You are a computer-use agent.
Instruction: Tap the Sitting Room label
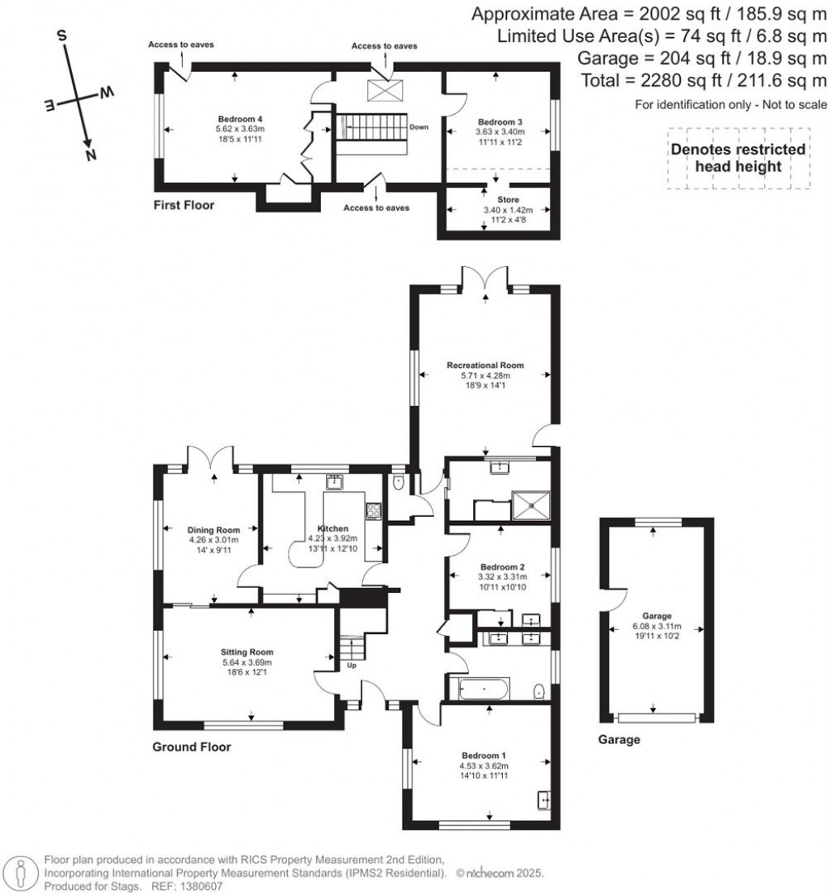pyautogui.click(x=248, y=651)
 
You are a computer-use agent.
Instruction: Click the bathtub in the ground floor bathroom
pyautogui.click(x=484, y=690)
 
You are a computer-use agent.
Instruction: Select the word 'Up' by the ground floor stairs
pyautogui.click(x=352, y=666)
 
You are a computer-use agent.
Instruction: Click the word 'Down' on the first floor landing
pyautogui.click(x=419, y=127)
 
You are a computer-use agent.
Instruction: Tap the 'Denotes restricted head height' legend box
pyautogui.click(x=738, y=158)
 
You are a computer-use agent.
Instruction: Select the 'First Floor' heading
pyautogui.click(x=184, y=205)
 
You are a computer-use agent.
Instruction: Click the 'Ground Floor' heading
pyautogui.click(x=192, y=747)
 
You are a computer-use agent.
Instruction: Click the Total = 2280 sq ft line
pyautogui.click(x=703, y=80)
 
